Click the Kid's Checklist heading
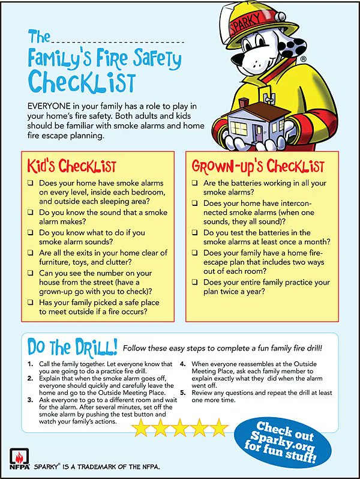tap(71, 166)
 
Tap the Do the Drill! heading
tap(72, 347)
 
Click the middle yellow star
tap(181, 428)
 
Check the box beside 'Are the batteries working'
tap(195, 182)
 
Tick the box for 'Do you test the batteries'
tap(195, 233)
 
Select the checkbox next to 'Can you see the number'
tap(30, 273)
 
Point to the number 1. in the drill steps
tap(31, 364)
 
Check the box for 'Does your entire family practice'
tap(195, 283)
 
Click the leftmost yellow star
tap(141, 428)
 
